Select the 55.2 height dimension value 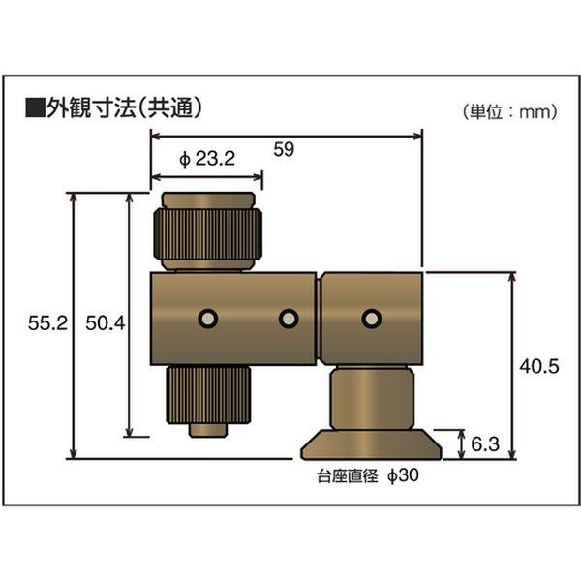tap(46, 325)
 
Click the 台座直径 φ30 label tap(367, 476)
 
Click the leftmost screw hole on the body tap(205, 319)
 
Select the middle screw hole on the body tap(287, 319)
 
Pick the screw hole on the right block tap(369, 319)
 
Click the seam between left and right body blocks tap(319, 319)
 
